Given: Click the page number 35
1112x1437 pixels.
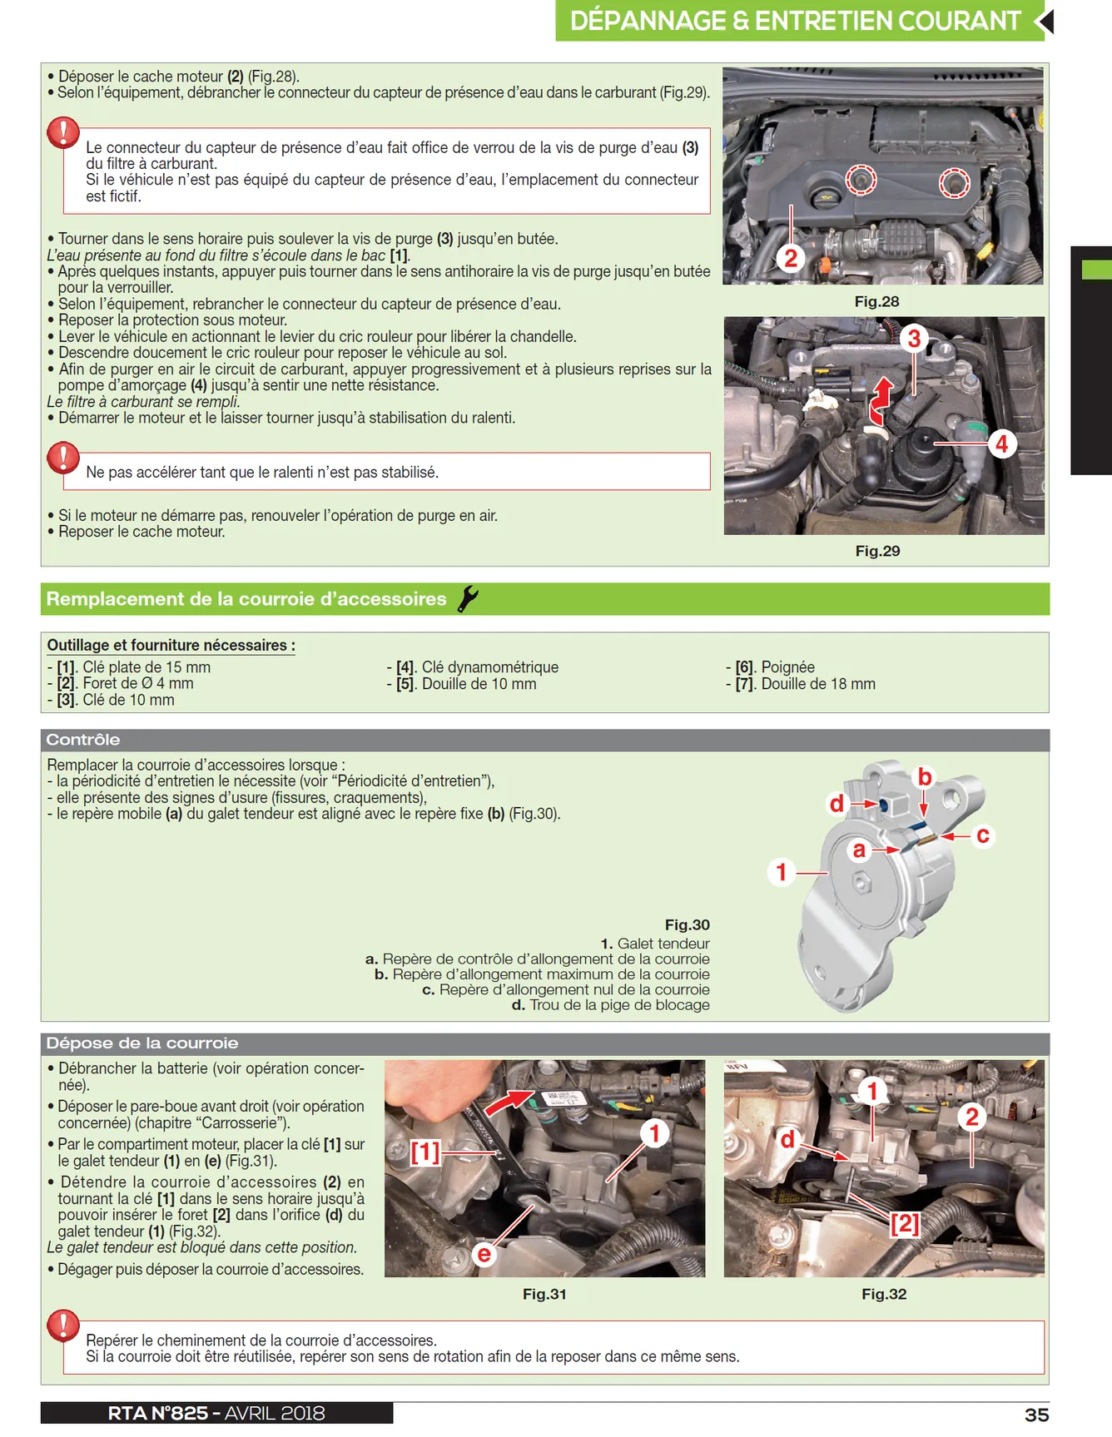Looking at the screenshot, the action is tap(1036, 1415).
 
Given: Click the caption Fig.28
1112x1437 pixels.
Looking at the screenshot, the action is tap(876, 301).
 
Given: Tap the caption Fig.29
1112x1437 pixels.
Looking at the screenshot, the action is tap(877, 551).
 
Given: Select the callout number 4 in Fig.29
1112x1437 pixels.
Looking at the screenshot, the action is tap(1001, 444).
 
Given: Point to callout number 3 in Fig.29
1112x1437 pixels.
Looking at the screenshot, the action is tap(914, 339).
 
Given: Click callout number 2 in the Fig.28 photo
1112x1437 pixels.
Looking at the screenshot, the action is tap(791, 259).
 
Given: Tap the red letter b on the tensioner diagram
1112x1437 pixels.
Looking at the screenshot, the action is tap(925, 776).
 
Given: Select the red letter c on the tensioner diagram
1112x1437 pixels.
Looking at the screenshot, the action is tap(983, 835).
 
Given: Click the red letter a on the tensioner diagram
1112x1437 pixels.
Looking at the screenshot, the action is tap(859, 850).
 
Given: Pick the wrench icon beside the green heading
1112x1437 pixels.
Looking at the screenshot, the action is tap(468, 598).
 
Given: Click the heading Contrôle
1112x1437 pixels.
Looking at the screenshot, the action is tap(83, 740).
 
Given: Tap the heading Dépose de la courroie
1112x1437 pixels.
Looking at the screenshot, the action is tap(142, 1043).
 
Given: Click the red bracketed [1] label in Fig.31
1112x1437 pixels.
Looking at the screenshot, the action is tap(424, 1152).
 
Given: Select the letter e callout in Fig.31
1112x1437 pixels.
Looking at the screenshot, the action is tap(484, 1254).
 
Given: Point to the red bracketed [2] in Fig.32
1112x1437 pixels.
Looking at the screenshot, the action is tap(905, 1223).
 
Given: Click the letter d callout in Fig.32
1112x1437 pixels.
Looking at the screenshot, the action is tap(787, 1139).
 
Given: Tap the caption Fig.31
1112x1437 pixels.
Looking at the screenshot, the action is tap(544, 1294).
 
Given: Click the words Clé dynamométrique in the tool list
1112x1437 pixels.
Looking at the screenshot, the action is tap(490, 667).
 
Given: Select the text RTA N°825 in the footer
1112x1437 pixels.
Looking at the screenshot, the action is tap(158, 1413).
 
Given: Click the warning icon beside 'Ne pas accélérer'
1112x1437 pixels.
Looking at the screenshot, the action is tap(63, 458).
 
